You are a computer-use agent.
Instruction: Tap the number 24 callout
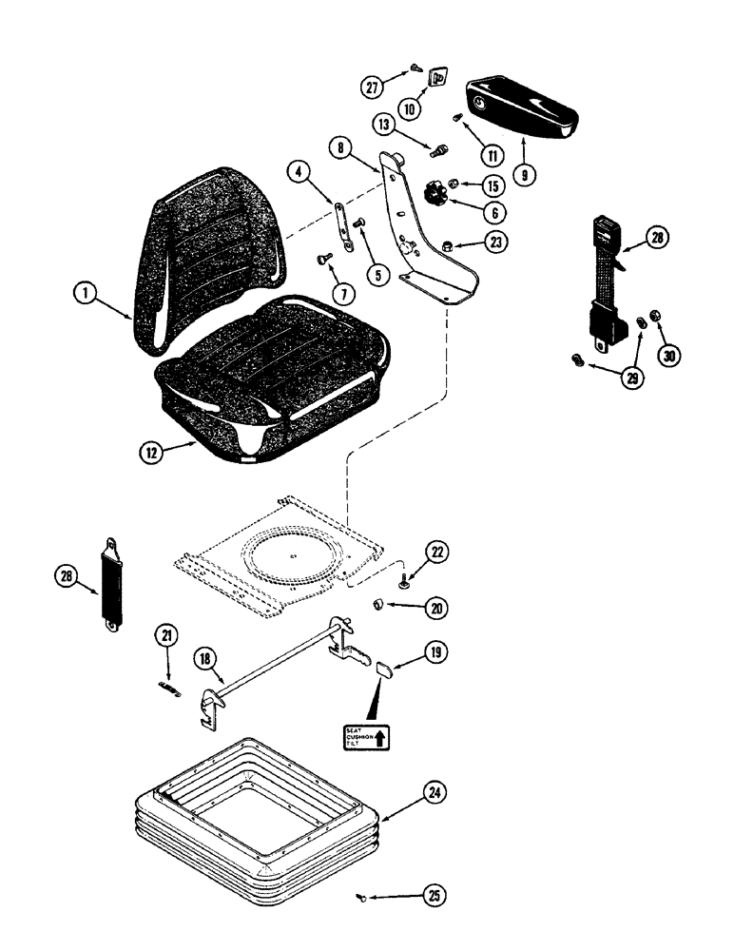(x=435, y=792)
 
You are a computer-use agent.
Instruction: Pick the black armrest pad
(x=524, y=107)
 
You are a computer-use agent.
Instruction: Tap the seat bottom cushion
(x=276, y=376)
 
